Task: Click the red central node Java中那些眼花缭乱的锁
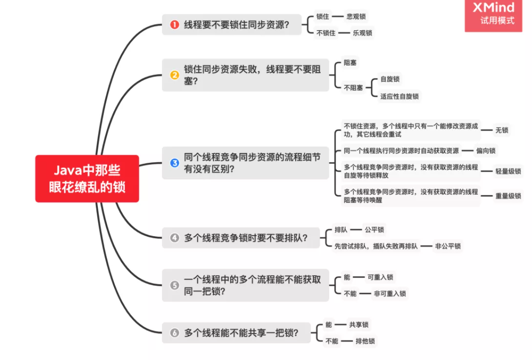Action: point(87,178)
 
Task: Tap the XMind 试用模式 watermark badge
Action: point(493,15)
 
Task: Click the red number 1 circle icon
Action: point(174,24)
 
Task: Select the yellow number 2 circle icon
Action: point(174,75)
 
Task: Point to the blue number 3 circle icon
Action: point(174,163)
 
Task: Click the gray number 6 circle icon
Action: point(174,333)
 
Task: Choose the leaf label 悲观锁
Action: point(356,17)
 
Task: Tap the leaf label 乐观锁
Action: point(362,33)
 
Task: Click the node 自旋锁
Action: point(390,80)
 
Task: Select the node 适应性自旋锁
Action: point(399,96)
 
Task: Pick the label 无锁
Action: point(502,130)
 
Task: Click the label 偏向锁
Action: point(486,151)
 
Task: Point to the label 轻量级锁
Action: point(508,171)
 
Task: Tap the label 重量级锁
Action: point(508,196)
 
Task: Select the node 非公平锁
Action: point(448,246)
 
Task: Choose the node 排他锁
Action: point(365,341)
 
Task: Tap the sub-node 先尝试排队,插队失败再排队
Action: point(376,246)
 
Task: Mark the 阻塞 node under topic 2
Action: point(350,62)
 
